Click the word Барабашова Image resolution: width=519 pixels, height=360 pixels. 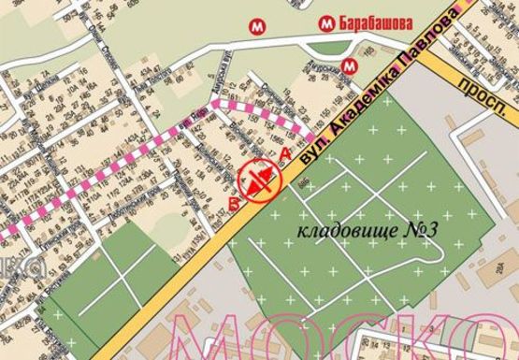coord(379,23)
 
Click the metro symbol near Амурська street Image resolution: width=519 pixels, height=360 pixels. coord(349,65)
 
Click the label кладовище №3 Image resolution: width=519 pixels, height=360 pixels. coord(354,227)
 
